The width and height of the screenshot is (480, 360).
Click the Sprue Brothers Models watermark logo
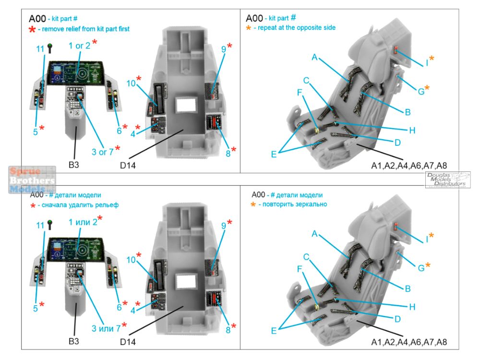click(32, 180)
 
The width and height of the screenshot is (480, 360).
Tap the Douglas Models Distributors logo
click(447, 180)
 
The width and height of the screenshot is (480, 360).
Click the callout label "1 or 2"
click(79, 46)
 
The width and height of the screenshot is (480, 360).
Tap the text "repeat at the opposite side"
click(297, 28)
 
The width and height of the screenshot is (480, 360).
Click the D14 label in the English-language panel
click(128, 166)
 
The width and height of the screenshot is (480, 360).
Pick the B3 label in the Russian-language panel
click(73, 341)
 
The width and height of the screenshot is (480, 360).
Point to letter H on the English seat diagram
click(412, 130)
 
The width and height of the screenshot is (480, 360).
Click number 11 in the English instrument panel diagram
click(40, 49)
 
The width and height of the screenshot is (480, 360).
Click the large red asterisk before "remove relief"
click(32, 30)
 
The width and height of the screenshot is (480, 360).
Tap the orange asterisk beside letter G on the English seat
click(427, 88)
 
